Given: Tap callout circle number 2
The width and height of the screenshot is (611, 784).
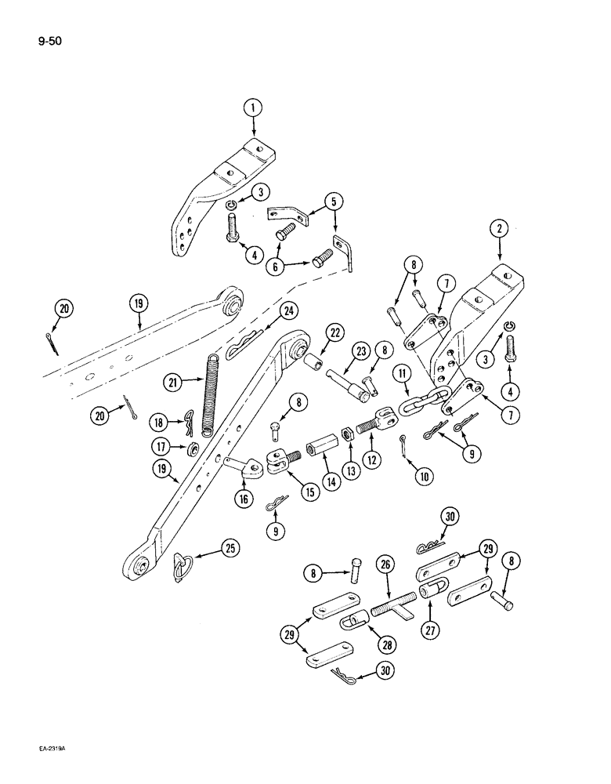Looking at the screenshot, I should [x=500, y=229].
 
